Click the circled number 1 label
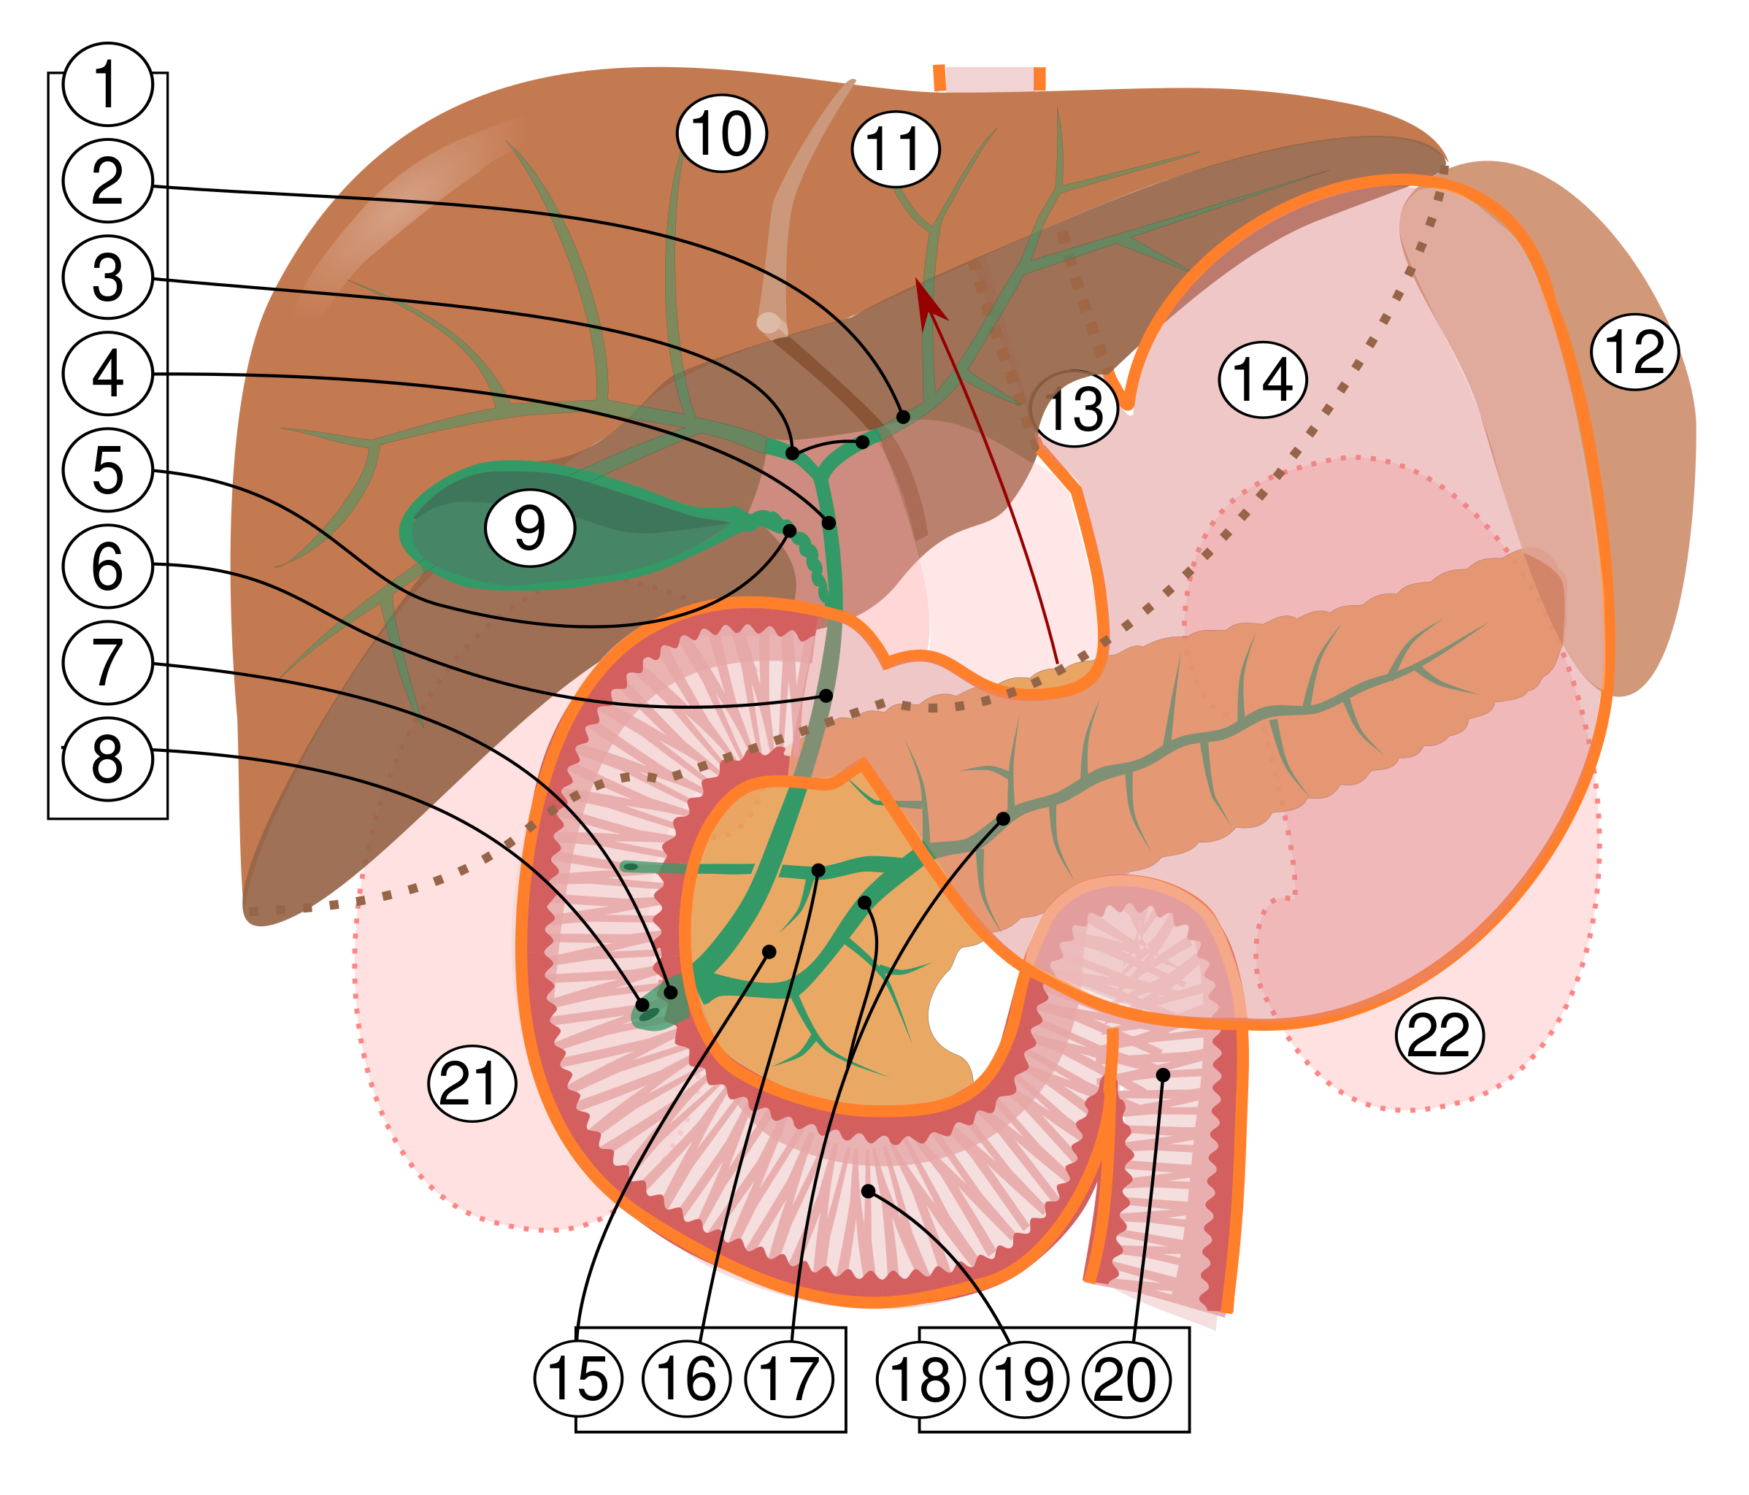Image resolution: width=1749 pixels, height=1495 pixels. pyautogui.click(x=107, y=85)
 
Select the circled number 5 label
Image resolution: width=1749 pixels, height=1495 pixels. pyautogui.click(x=107, y=470)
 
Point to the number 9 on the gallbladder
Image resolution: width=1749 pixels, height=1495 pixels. pyautogui.click(x=529, y=529)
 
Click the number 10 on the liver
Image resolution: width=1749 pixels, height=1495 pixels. pyautogui.click(x=722, y=134)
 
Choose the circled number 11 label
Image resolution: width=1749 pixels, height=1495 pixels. pyautogui.click(x=896, y=149)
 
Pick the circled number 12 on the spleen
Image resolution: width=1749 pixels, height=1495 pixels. pyautogui.click(x=1634, y=351)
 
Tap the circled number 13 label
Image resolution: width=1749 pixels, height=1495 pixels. pyautogui.click(x=1076, y=410)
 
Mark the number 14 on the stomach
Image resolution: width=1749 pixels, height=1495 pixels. pyautogui.click(x=1263, y=379)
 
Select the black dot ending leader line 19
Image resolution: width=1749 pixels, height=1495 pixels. pyautogui.click(x=868, y=1191)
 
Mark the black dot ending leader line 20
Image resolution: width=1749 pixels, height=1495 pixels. pyautogui.click(x=1163, y=1075)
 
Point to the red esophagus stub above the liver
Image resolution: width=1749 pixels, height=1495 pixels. pyautogui.click(x=989, y=79)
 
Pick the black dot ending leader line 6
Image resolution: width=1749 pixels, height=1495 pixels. pyautogui.click(x=826, y=696)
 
